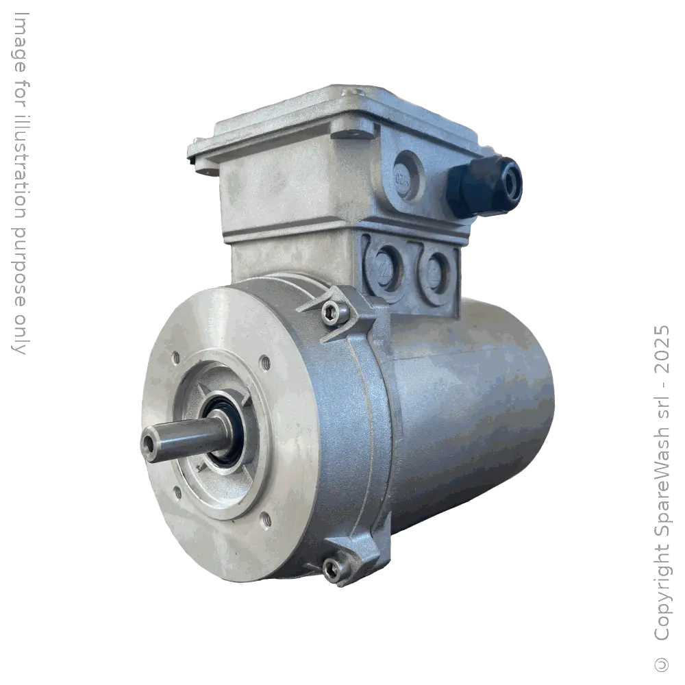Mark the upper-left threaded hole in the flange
click(x=176, y=358)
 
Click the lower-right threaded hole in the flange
click(x=266, y=520)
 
